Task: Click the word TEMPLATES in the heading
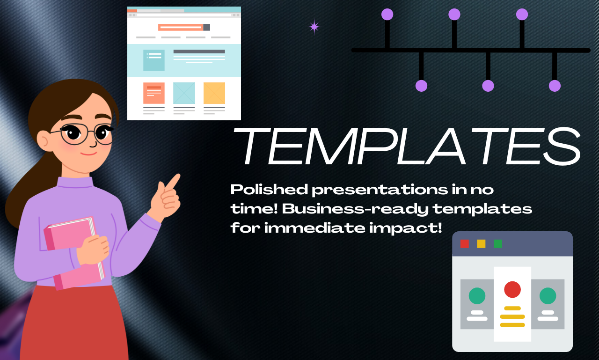407,146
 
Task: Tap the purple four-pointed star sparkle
314,27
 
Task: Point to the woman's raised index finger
173,181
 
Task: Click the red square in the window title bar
465,244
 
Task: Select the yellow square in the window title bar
481,244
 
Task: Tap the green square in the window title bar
497,244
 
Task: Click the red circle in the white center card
512,289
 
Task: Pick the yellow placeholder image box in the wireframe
214,93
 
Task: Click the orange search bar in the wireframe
181,27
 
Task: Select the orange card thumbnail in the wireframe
154,93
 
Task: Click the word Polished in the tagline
269,190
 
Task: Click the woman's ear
43,140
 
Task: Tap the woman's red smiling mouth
88,154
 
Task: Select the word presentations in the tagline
380,190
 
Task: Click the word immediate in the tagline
315,228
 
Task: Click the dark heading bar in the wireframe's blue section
199,51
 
